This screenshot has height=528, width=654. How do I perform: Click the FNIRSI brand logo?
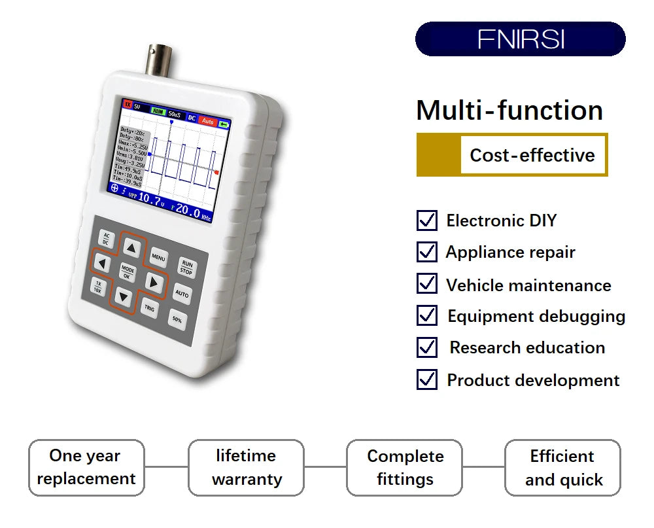pyautogui.click(x=521, y=39)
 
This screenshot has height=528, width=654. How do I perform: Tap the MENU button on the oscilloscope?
pyautogui.click(x=158, y=257)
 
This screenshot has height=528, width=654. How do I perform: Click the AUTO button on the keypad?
pyautogui.click(x=182, y=294)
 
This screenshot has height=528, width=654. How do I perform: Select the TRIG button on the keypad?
pyautogui.click(x=150, y=308)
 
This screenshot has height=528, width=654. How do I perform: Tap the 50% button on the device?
pyautogui.click(x=177, y=320)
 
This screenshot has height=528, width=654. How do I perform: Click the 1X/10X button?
pyautogui.click(x=98, y=287)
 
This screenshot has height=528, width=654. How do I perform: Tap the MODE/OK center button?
pyautogui.click(x=127, y=273)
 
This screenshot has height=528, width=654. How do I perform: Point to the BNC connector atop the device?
pyautogui.click(x=159, y=60)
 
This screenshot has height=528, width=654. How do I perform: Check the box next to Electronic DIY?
pyautogui.click(x=426, y=220)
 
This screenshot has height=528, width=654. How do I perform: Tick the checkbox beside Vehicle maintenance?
pyautogui.click(x=426, y=284)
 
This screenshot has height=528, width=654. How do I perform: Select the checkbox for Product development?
pyautogui.click(x=426, y=379)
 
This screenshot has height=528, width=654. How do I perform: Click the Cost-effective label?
pyautogui.click(x=532, y=155)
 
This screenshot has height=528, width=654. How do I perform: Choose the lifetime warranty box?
pyautogui.click(x=246, y=467)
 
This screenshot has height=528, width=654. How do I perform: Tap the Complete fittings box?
pyautogui.click(x=405, y=467)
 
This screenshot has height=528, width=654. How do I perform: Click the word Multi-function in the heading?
pyautogui.click(x=509, y=110)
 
